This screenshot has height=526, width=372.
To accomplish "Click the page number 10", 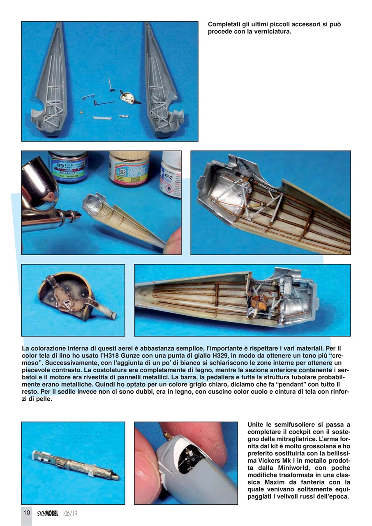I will tap(27, 512).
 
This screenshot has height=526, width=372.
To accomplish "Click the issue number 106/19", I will tap(70, 513).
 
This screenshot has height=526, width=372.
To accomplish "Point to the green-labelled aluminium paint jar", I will tap(68, 166).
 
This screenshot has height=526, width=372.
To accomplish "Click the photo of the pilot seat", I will tap(73, 300).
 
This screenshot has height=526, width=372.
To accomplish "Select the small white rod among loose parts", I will tap(102, 118).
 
